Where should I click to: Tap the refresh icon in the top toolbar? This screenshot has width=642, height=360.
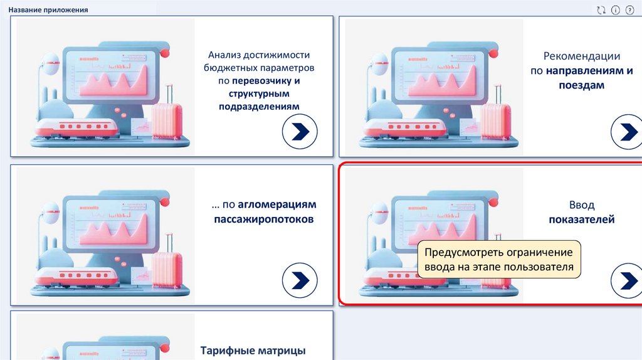[x=601, y=10]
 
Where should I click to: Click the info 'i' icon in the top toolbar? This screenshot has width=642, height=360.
[x=615, y=10]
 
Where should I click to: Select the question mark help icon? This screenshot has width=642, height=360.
[x=629, y=10]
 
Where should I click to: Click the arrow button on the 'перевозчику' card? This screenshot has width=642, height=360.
[x=300, y=132]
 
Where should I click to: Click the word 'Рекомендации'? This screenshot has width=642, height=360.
[x=582, y=56]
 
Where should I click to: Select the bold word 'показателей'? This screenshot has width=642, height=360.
[x=582, y=220]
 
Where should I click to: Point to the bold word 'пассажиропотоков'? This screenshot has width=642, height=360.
[x=263, y=220]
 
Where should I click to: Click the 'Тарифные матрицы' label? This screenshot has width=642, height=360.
[x=253, y=350]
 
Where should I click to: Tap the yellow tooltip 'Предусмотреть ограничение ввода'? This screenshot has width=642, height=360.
[x=498, y=260]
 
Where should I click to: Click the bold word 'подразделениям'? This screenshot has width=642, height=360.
[x=259, y=107]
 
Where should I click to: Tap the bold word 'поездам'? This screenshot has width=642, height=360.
[x=582, y=85]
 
